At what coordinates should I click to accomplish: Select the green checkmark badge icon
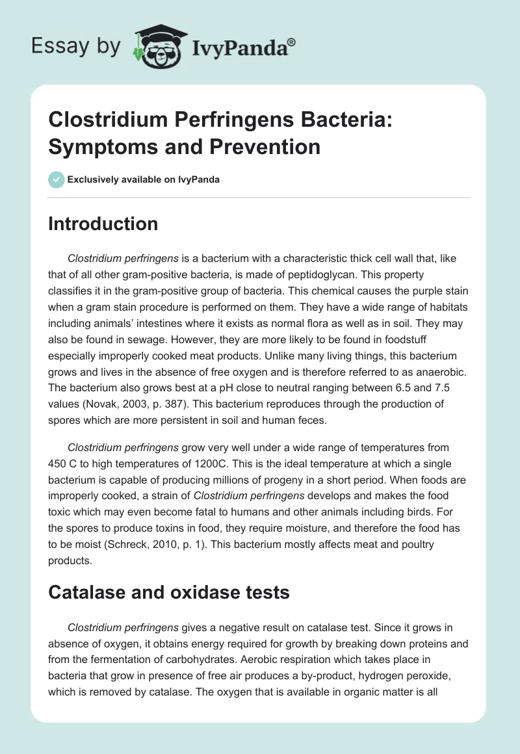click(x=56, y=179)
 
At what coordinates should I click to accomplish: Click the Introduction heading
click(x=103, y=224)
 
